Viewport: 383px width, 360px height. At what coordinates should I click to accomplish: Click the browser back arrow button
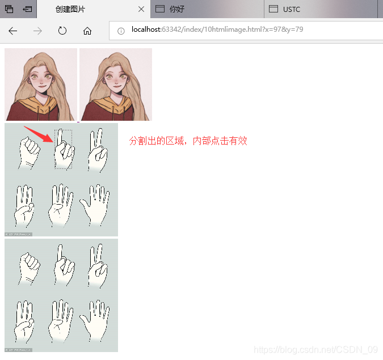pyautogui.click(x=12, y=31)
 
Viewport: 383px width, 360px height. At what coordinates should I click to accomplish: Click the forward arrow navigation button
pyautogui.click(x=37, y=31)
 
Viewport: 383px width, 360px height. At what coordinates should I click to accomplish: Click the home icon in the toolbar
pyautogui.click(x=87, y=31)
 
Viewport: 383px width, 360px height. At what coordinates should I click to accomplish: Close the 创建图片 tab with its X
pyautogui.click(x=141, y=9)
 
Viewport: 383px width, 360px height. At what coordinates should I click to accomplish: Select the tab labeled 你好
pyautogui.click(x=177, y=9)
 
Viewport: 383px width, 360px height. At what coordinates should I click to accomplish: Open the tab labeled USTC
pyautogui.click(x=292, y=9)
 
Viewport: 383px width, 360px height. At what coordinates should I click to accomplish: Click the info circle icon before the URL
pyautogui.click(x=121, y=31)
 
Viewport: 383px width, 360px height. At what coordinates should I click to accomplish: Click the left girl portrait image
pyautogui.click(x=41, y=84)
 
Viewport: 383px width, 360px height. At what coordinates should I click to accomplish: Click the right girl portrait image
pyautogui.click(x=116, y=84)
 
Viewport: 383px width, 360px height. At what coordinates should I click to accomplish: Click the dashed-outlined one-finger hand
pyautogui.click(x=63, y=149)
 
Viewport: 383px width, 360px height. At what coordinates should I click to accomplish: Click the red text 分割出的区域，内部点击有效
pyautogui.click(x=188, y=141)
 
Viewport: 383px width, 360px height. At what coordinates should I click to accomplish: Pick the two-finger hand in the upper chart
pyautogui.click(x=97, y=150)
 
